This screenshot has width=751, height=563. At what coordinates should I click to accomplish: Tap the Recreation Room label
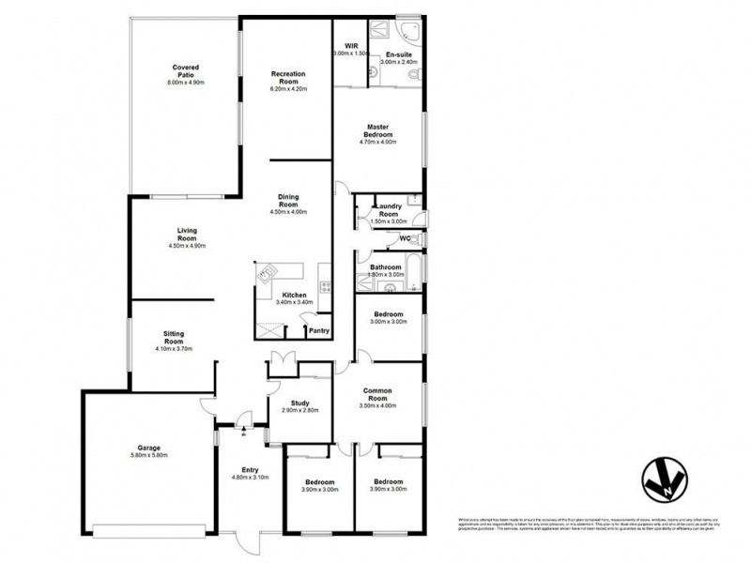coord(289,77)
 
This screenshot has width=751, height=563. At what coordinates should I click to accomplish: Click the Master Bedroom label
coord(379,130)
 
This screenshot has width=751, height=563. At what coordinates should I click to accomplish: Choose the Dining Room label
coord(288,200)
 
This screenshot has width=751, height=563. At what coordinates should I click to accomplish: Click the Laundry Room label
coord(388,210)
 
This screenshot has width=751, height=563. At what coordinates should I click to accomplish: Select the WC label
coord(406,238)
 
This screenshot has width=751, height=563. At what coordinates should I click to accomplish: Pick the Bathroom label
coord(386,266)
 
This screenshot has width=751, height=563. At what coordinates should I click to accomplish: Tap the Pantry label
coord(318,330)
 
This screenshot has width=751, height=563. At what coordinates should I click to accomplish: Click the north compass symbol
coord(660,479)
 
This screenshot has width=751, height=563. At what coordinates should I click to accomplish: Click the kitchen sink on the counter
coord(267,274)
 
